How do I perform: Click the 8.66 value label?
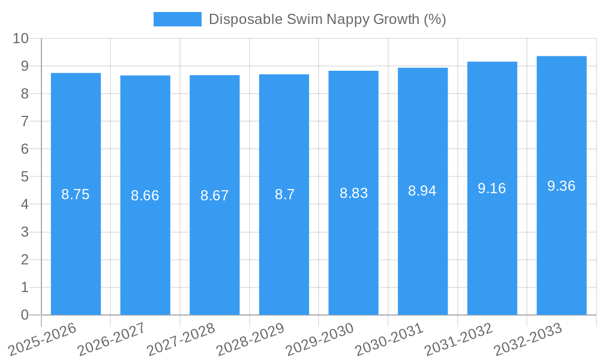click(x=145, y=196)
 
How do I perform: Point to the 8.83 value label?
click(x=353, y=193)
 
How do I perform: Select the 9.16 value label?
click(x=492, y=188)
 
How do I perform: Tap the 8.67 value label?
click(x=215, y=196)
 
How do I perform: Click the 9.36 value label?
click(x=562, y=186)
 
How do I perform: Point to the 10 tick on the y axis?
click(x=21, y=38)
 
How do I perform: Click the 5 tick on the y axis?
click(x=25, y=177)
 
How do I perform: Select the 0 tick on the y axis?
click(x=25, y=315)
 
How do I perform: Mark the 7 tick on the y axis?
click(x=25, y=121)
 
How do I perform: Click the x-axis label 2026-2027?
click(x=112, y=339)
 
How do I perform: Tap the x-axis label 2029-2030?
click(x=320, y=339)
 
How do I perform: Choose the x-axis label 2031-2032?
click(x=458, y=339)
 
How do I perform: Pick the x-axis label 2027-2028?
click(x=181, y=339)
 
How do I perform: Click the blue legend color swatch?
click(x=178, y=19)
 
